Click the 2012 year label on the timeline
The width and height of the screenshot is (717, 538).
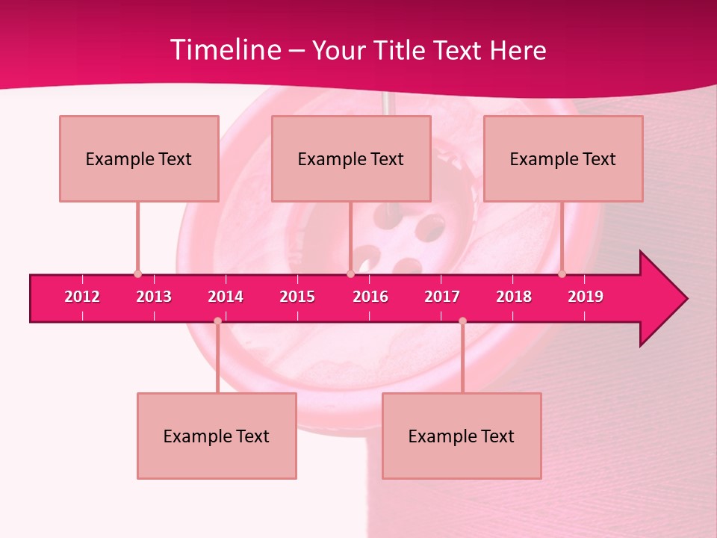[x=82, y=297]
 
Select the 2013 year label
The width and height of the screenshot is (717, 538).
[x=154, y=297]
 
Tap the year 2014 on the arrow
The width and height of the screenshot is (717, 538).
[x=226, y=297]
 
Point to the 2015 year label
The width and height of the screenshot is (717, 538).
[x=297, y=297]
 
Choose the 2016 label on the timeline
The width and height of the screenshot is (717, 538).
[x=370, y=297]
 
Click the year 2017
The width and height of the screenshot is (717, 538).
[x=442, y=297]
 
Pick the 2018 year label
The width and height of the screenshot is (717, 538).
[x=514, y=297]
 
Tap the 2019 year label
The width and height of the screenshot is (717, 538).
[x=586, y=297]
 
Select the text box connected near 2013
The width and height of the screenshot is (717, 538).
[x=139, y=158]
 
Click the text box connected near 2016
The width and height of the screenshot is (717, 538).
[x=351, y=158]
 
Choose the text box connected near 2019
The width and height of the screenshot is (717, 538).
[x=563, y=158]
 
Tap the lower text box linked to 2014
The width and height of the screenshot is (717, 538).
[x=217, y=436]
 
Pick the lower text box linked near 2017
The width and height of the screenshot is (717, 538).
[x=462, y=436]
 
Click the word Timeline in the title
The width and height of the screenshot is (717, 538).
[x=224, y=50]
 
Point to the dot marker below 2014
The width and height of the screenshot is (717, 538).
[x=217, y=321]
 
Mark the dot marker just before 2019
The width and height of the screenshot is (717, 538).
[x=562, y=273]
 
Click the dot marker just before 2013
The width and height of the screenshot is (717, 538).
[x=137, y=273]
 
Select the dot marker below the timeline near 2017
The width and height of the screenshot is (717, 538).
[x=462, y=321]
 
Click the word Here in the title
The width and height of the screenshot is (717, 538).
[x=518, y=50]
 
